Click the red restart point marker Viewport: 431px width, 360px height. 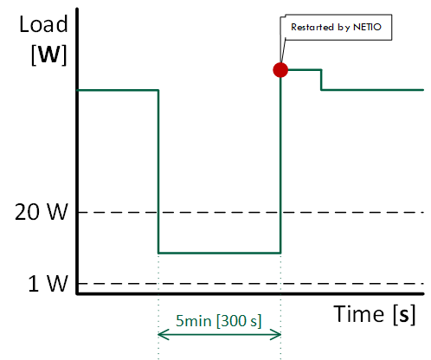280,70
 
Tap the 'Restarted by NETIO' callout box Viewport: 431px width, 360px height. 336,27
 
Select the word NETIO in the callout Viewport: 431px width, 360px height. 367,27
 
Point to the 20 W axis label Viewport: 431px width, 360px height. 42,212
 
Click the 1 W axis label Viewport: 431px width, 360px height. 48,284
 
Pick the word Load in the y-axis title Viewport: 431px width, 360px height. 43,24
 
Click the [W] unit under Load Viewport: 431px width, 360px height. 48,55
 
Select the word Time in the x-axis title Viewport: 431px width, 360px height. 359,313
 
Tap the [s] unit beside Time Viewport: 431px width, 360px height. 404,314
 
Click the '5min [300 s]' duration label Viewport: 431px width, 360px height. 219,320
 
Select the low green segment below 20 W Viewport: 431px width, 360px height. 219,253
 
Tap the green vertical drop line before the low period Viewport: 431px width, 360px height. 158,171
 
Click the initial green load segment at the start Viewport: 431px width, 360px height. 118,90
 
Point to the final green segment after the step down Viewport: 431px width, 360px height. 372,90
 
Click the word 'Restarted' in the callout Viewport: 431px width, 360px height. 312,27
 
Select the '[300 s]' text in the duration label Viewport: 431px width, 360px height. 239,321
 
